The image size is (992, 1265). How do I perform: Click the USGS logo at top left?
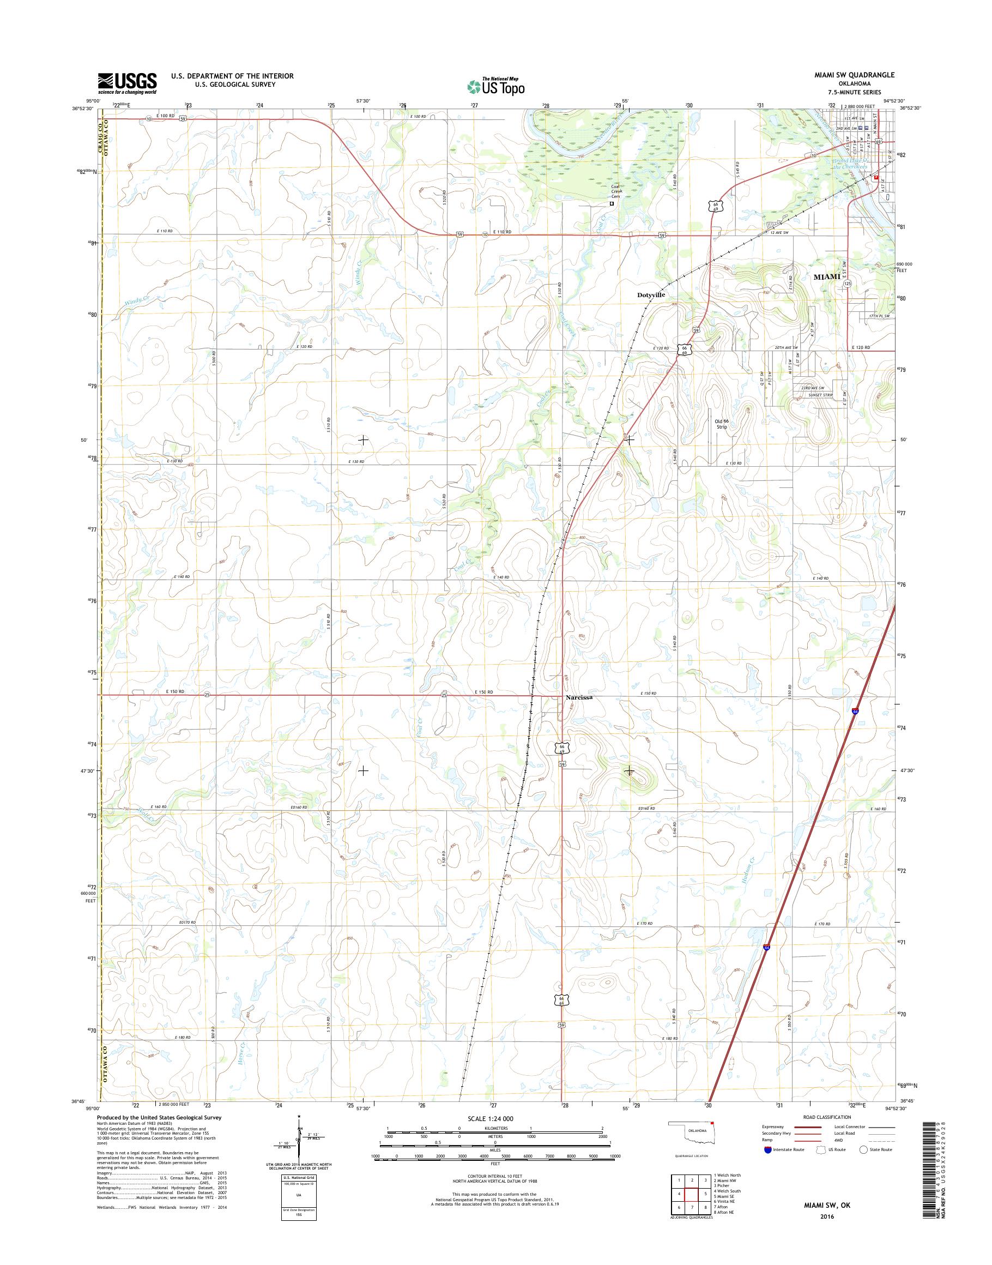coord(127,83)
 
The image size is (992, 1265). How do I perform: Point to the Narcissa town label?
coord(579,697)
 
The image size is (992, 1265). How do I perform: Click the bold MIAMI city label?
coord(826,276)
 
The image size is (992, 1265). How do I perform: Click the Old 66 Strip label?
coord(721,424)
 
